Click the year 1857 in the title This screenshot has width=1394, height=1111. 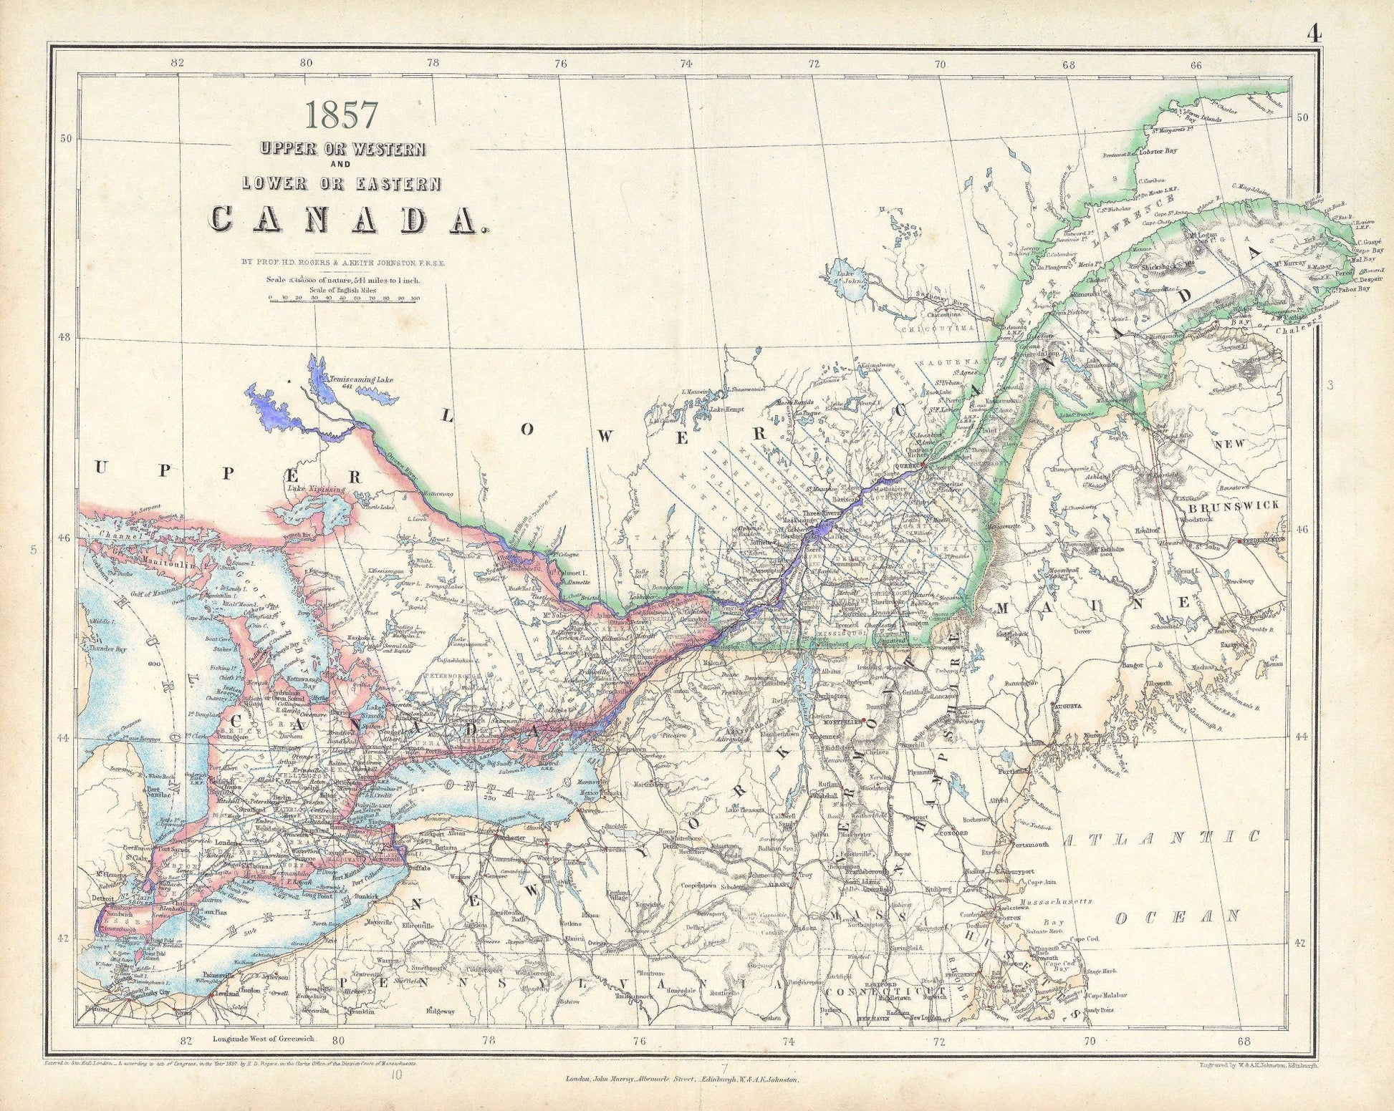[342, 113]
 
